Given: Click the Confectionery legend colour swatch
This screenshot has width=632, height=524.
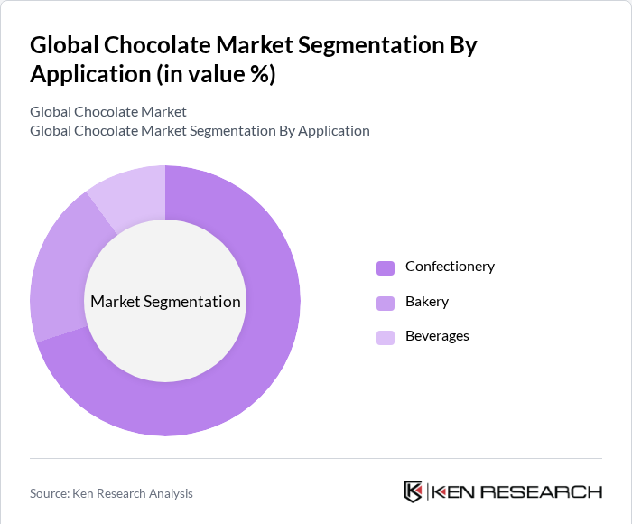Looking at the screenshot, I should pyautogui.click(x=386, y=267).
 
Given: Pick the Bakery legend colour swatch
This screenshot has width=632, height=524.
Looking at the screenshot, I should pyautogui.click(x=386, y=303).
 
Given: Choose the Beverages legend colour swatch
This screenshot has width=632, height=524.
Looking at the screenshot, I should pyautogui.click(x=386, y=337).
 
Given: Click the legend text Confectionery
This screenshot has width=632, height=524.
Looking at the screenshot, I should pyautogui.click(x=450, y=267).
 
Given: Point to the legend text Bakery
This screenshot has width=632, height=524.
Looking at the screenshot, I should pyautogui.click(x=427, y=302).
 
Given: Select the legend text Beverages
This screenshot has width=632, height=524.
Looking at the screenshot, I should pyautogui.click(x=437, y=336).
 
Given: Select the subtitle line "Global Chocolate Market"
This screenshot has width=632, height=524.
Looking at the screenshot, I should pyautogui.click(x=108, y=112).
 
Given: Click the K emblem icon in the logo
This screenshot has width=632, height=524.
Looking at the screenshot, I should pyautogui.click(x=413, y=491).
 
